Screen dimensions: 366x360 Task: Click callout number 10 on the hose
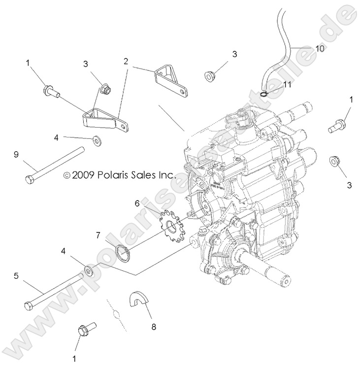coord(320,48)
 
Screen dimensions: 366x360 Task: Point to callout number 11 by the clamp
coord(287,84)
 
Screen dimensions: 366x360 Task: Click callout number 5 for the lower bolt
coord(16,276)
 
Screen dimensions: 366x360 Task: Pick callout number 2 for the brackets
coord(126,62)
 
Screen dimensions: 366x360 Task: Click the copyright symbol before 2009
coord(68,175)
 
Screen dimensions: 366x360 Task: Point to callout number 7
coord(98,234)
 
